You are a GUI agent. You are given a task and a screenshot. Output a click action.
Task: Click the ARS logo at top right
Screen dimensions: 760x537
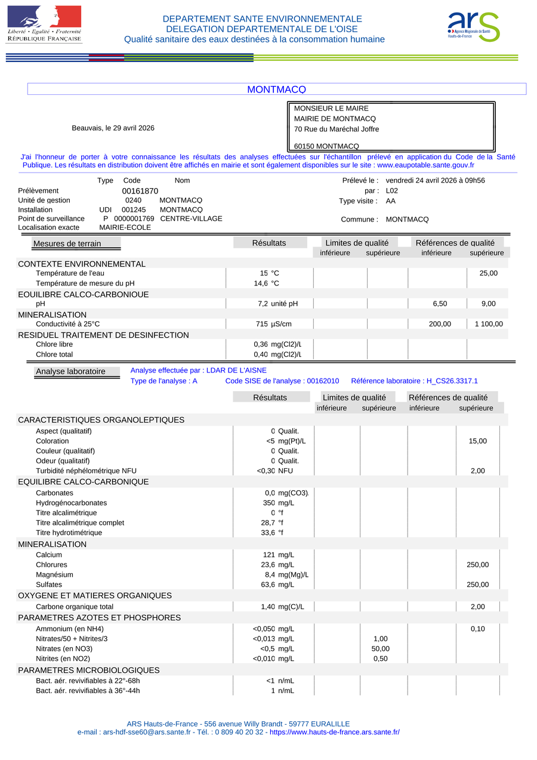coord(474,27)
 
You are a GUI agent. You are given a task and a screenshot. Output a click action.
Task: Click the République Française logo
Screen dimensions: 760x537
coord(44,24)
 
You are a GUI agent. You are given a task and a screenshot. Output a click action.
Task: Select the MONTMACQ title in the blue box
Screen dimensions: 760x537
coord(276,90)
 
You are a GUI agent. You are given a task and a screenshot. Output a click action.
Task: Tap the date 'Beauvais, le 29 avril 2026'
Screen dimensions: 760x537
coord(113,128)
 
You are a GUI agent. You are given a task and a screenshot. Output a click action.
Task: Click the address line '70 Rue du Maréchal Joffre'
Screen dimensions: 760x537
coord(337,129)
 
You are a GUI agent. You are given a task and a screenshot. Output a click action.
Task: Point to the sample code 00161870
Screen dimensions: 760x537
coord(140,191)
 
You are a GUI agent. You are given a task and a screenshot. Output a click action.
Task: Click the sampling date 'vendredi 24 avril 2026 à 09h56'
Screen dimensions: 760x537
coord(435,180)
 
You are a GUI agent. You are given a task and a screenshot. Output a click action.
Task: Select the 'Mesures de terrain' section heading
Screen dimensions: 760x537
coord(67,244)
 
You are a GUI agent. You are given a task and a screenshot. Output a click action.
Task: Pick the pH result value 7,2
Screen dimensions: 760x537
coord(263,304)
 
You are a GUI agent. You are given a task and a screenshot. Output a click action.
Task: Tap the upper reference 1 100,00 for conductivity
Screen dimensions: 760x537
coord(489,324)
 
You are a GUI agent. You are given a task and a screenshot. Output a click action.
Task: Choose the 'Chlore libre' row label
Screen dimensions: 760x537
coord(54,344)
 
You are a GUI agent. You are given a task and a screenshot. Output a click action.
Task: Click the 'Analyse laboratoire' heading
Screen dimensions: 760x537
coord(70,371)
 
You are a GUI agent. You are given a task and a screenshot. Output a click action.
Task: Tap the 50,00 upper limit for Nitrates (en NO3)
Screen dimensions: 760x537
coord(380,649)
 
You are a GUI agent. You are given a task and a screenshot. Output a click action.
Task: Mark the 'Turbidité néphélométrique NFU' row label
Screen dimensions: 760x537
coord(86,471)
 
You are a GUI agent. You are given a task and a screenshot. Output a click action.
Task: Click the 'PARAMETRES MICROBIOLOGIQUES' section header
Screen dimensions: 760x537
coord(89,670)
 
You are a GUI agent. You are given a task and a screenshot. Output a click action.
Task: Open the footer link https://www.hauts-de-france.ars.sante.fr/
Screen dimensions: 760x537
coord(335,733)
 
